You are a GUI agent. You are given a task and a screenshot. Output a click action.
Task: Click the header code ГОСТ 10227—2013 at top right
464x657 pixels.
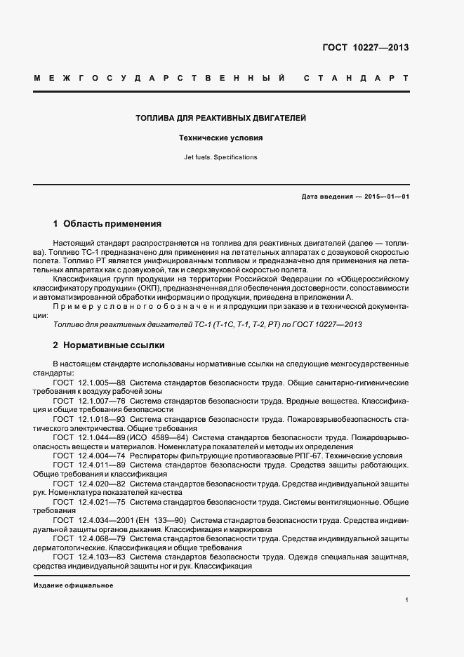pyautogui.click(x=366, y=48)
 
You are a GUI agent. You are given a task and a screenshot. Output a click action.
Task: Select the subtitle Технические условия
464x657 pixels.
pyautogui.click(x=220, y=138)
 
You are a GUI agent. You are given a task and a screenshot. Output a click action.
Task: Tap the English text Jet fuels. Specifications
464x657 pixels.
pyautogui.click(x=220, y=157)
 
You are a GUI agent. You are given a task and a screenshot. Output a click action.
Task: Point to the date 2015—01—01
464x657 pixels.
pyautogui.click(x=386, y=197)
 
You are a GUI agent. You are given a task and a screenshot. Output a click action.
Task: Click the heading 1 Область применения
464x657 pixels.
pyautogui.click(x=107, y=225)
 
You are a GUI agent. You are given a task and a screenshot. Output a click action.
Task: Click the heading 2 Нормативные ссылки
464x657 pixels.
pyautogui.click(x=109, y=346)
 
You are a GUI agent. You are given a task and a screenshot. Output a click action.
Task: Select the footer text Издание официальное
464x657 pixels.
pyautogui.click(x=73, y=585)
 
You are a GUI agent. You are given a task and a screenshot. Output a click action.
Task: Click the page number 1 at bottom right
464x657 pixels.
pyautogui.click(x=407, y=600)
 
